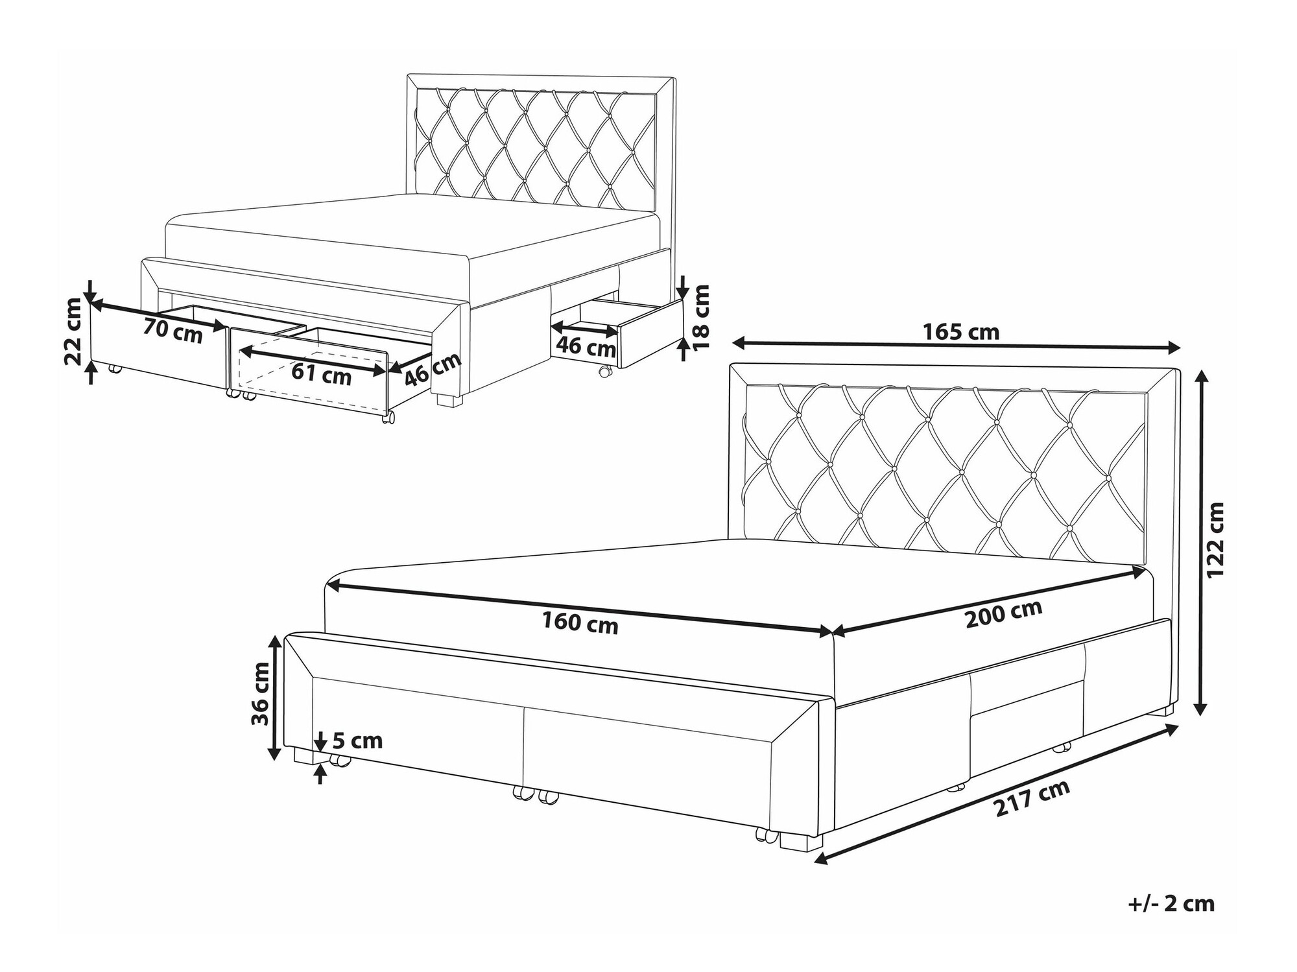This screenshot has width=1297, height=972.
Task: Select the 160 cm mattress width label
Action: pyautogui.click(x=580, y=624)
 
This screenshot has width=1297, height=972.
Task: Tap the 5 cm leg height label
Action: pyautogui.click(x=357, y=741)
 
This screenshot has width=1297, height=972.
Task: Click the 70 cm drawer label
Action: pyautogui.click(x=173, y=331)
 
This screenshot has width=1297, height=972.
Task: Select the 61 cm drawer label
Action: pyautogui.click(x=321, y=375)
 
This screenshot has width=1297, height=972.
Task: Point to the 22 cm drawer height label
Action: pyautogui.click(x=75, y=331)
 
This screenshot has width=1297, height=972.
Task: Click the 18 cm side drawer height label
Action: pyautogui.click(x=702, y=317)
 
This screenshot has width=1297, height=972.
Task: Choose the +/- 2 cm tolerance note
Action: pyautogui.click(x=1171, y=904)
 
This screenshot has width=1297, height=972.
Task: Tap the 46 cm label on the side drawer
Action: pyautogui.click(x=586, y=347)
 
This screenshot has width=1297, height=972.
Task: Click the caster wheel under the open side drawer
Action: pyautogui.click(x=604, y=372)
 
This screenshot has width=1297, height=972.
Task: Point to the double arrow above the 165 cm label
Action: pyautogui.click(x=956, y=347)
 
